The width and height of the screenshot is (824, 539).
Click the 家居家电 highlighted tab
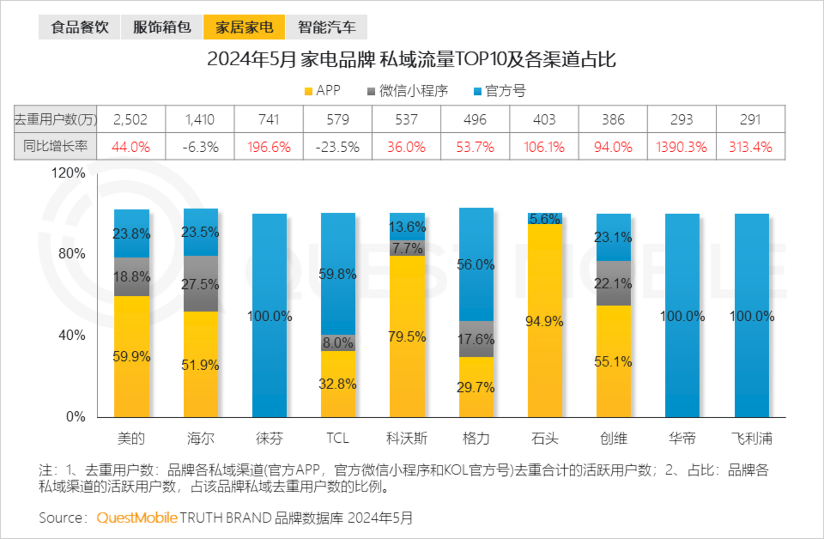(x=244, y=27)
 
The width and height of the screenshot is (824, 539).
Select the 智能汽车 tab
(x=327, y=27)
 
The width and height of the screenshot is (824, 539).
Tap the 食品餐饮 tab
(x=80, y=27)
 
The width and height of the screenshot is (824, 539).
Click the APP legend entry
(x=323, y=90)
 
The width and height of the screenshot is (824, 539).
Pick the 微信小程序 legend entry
(x=407, y=90)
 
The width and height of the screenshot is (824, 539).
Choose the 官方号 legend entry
(x=500, y=90)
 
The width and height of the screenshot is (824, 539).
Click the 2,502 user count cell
(x=130, y=119)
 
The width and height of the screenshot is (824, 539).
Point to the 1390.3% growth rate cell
(x=681, y=147)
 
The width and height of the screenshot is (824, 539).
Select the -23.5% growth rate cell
(x=338, y=147)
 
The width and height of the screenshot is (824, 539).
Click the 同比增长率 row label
(x=56, y=146)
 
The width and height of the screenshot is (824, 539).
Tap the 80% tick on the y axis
(x=72, y=253)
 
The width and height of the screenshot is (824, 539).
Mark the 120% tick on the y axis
(x=69, y=173)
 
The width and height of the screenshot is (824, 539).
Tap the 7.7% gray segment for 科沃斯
(x=407, y=248)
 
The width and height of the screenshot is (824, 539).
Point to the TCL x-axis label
(x=338, y=438)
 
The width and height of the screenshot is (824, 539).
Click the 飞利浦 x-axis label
(x=751, y=438)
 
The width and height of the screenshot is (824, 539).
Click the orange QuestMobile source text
(x=137, y=518)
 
